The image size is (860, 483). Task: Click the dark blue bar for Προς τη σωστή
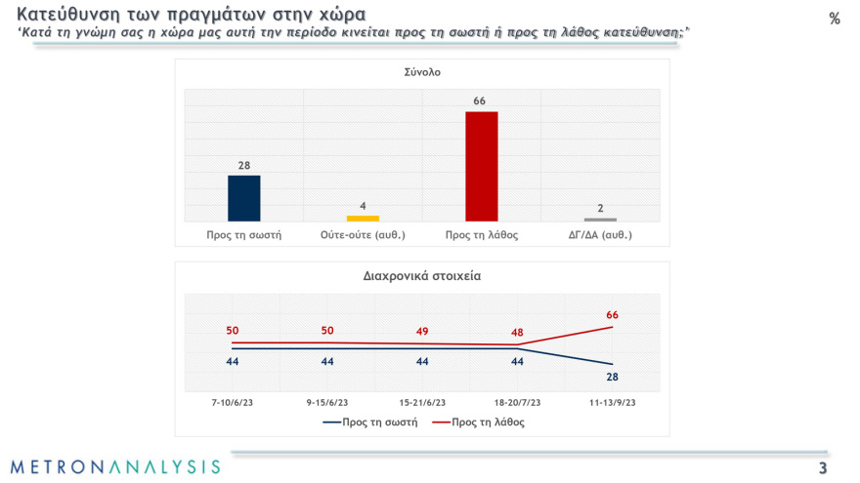point(243,198)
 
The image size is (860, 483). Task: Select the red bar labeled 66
point(481,166)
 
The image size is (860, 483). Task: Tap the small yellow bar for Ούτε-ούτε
point(363,218)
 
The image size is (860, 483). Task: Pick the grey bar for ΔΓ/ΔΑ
point(600,220)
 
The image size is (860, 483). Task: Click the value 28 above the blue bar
point(243,166)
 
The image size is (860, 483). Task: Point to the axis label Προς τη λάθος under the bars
point(481,235)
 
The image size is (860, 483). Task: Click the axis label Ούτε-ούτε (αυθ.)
point(363,235)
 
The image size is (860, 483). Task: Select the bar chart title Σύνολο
point(422,71)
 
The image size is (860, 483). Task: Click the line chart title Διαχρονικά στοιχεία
point(422,276)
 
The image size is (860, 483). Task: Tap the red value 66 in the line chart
point(612,314)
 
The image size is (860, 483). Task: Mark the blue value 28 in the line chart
point(612,377)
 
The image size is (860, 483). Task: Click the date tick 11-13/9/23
point(612,402)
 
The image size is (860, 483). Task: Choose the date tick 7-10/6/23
point(233,402)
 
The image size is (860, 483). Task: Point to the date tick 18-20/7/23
point(517,402)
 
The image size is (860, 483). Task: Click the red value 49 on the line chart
point(422,331)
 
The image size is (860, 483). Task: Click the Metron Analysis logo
point(115,466)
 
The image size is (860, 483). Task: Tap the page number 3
point(823,468)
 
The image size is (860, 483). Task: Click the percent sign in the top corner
point(834,19)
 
